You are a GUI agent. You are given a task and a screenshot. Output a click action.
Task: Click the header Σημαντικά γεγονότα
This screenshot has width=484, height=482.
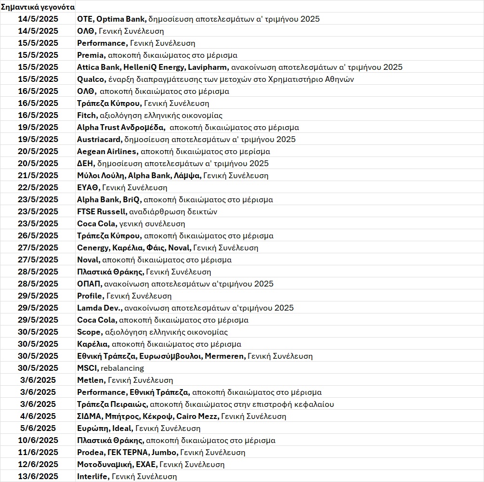38,7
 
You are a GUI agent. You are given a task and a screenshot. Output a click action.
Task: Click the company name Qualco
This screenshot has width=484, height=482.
90,79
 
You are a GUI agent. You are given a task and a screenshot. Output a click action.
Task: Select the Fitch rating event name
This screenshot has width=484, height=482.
86,115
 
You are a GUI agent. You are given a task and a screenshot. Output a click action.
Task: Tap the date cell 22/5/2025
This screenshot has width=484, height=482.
38,187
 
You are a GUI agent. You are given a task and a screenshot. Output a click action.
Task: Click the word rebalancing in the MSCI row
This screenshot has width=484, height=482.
122,368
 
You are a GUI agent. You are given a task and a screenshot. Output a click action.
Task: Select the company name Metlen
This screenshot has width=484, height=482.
90,380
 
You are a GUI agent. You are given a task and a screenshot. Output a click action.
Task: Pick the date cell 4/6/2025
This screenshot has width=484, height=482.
38,416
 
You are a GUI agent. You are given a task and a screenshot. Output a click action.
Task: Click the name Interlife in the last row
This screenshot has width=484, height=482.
93,476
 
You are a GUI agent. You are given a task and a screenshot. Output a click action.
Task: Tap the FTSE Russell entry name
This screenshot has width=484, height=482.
102,211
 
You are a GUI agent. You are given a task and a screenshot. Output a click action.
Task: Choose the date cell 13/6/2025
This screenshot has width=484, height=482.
38,476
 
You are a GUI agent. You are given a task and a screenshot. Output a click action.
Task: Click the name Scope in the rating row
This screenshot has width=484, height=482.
89,332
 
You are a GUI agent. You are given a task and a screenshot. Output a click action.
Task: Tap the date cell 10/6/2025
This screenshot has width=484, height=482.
38,440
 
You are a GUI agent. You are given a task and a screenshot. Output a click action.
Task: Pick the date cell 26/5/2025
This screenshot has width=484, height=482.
38,235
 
